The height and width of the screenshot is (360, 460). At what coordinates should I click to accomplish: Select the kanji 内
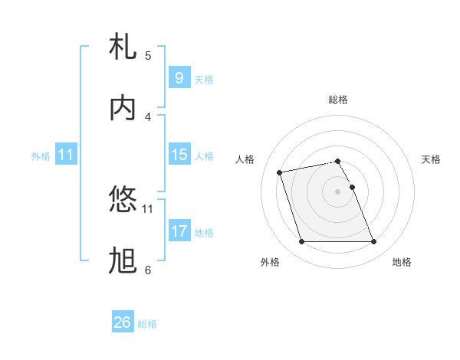click(123, 109)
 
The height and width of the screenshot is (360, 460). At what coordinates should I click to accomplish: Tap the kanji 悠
click(123, 200)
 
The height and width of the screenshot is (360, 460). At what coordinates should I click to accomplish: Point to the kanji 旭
click(123, 261)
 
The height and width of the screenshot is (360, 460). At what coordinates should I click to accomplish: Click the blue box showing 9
click(179, 77)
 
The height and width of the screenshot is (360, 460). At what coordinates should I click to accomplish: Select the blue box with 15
click(179, 155)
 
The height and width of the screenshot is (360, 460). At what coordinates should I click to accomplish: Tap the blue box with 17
click(179, 231)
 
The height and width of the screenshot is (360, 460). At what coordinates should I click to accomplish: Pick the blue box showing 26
click(123, 322)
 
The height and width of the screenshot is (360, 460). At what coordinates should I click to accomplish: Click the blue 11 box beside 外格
click(66, 155)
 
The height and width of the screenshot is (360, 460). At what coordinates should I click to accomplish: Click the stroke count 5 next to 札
click(148, 55)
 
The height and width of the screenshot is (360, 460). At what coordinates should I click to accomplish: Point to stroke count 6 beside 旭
click(148, 270)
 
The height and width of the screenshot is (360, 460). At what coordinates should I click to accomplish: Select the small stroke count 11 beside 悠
click(148, 208)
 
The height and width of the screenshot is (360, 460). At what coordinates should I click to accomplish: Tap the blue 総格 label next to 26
click(148, 324)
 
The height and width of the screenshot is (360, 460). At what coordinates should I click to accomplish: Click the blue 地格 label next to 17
click(204, 233)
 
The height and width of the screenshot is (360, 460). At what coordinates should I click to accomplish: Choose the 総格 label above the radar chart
click(338, 100)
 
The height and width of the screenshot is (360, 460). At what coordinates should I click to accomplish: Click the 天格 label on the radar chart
click(431, 159)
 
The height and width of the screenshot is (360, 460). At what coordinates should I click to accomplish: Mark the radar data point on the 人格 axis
click(281, 172)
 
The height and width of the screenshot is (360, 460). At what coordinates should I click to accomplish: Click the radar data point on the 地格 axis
click(374, 242)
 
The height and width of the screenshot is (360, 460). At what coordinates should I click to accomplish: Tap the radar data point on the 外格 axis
click(301, 242)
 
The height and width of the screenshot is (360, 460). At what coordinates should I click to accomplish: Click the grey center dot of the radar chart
click(337, 191)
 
